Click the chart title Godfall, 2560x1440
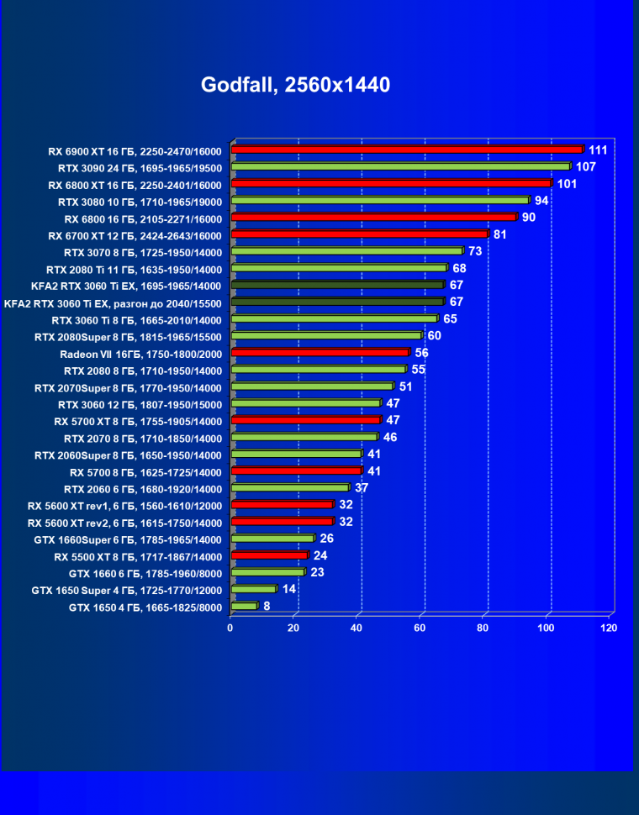pyautogui.click(x=295, y=85)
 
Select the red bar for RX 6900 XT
pyautogui.click(x=407, y=150)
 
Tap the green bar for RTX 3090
pyautogui.click(x=400, y=166)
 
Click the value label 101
pyautogui.click(x=566, y=183)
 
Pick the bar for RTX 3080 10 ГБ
pyautogui.click(x=380, y=200)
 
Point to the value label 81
pyautogui.click(x=499, y=234)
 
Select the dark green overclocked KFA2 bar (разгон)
pyautogui.click(x=337, y=302)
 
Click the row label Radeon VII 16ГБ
pyautogui.click(x=141, y=354)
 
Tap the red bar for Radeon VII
pyautogui.click(x=319, y=353)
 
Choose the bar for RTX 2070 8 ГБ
pyautogui.click(x=304, y=437)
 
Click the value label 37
pyautogui.click(x=361, y=487)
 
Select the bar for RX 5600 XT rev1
pyautogui.click(x=282, y=505)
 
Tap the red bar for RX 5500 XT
pyautogui.click(x=269, y=555)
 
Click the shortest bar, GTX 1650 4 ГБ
pyautogui.click(x=244, y=606)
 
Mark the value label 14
pyautogui.click(x=288, y=589)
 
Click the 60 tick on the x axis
pyautogui.click(x=420, y=628)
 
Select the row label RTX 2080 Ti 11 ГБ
pyautogui.click(x=134, y=269)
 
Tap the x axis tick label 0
pyautogui.click(x=230, y=628)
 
